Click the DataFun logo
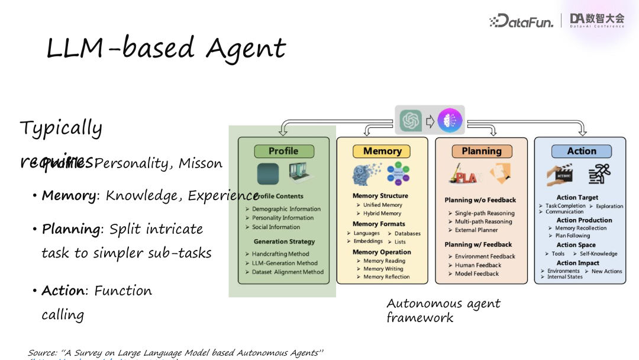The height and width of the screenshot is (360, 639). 521,21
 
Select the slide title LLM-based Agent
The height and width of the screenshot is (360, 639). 166,49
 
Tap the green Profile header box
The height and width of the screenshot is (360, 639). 283,151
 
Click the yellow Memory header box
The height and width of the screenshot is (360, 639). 382,151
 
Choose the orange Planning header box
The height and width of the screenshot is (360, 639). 481,151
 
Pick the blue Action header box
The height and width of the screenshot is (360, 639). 581,151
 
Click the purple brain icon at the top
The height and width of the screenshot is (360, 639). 450,120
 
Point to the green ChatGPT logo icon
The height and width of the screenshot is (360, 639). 411,120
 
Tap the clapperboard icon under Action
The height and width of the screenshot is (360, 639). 560,174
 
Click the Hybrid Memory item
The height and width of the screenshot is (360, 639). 382,214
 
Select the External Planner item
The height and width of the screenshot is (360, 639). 476,230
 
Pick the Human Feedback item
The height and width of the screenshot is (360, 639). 478,265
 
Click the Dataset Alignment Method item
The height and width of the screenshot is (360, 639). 288,272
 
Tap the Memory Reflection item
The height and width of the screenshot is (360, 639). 386,277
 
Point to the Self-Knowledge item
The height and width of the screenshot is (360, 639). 598,254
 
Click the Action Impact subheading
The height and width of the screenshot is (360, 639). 577,263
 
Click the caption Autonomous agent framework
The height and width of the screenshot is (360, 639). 443,310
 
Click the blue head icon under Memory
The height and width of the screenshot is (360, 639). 365,174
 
